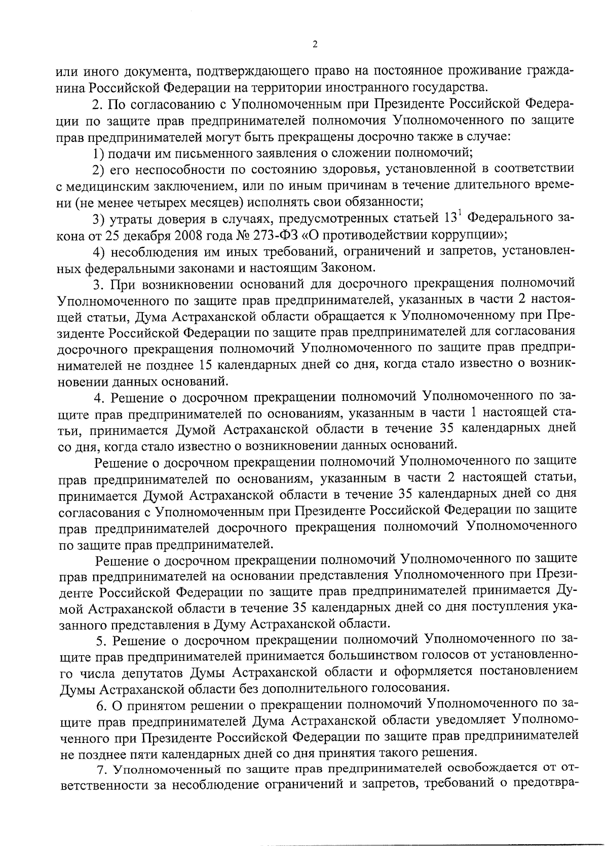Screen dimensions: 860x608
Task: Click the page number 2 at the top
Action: pos(315,45)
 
